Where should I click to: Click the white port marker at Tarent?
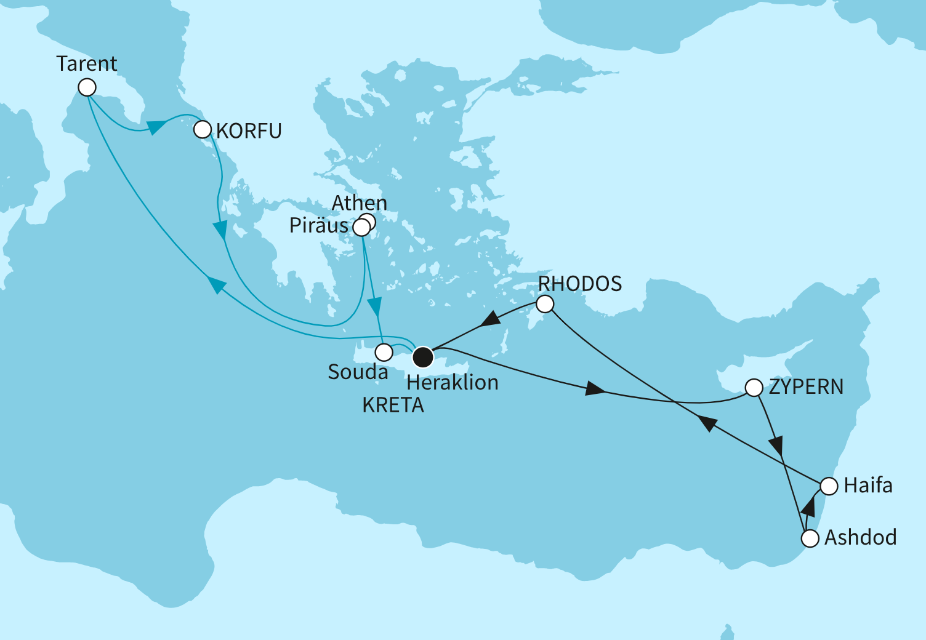click(x=87, y=87)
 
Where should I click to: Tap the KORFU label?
click(x=249, y=131)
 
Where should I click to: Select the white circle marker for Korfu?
click(x=203, y=130)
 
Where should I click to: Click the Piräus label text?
click(x=319, y=226)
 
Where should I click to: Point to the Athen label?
click(x=360, y=202)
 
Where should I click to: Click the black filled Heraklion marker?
click(x=423, y=357)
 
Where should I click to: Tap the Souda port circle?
click(x=384, y=352)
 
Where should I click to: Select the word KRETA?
click(x=393, y=406)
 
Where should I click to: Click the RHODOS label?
click(x=580, y=284)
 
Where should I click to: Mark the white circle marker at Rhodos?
click(x=545, y=304)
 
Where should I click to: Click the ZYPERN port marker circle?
click(x=754, y=388)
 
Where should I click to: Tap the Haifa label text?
click(x=868, y=486)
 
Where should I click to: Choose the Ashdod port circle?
click(x=810, y=538)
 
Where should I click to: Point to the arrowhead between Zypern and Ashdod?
click(x=777, y=444)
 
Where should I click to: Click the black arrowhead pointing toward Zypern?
click(x=595, y=390)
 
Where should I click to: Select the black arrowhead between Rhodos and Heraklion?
click(x=491, y=319)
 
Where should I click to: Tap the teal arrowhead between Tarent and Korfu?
click(x=155, y=126)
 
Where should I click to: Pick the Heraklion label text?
click(x=453, y=383)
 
